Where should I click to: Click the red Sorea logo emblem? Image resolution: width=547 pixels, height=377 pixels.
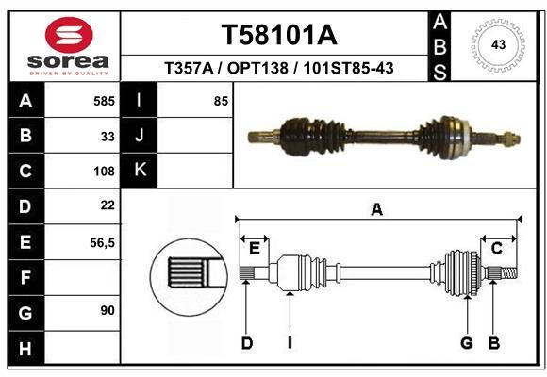click(69, 35)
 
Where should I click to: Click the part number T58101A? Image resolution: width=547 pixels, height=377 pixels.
click(279, 35)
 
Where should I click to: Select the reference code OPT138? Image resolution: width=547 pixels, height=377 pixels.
click(257, 68)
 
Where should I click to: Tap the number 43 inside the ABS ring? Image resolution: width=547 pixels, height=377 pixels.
click(498, 44)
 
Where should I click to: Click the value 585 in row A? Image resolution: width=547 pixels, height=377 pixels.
click(104, 101)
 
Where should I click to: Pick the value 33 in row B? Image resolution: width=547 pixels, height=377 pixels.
click(108, 137)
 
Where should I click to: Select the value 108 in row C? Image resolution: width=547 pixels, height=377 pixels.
click(104, 172)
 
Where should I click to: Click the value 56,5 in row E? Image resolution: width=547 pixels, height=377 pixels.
click(102, 243)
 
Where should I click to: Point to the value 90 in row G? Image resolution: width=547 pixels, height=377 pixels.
click(108, 310)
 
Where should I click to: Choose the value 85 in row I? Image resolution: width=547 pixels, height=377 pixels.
click(221, 101)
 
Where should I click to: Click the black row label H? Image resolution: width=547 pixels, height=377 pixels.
click(26, 349)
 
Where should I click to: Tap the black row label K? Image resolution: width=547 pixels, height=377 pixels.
click(140, 171)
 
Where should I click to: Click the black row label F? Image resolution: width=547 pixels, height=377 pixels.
click(26, 278)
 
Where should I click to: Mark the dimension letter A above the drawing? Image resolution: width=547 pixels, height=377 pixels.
click(376, 210)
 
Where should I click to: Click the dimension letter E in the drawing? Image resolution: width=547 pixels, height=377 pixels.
click(255, 249)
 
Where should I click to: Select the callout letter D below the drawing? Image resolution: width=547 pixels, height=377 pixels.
click(247, 343)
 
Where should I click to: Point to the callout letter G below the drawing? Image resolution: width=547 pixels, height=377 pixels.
click(467, 343)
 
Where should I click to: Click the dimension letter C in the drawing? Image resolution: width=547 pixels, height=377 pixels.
click(496, 248)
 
